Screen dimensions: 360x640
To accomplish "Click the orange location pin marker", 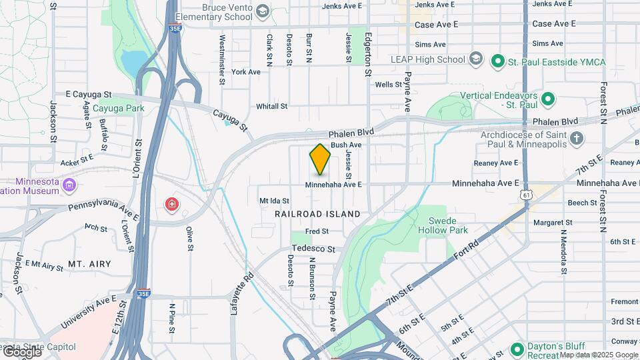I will (x=320, y=159).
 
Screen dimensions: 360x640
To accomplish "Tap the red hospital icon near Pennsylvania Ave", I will (x=172, y=203).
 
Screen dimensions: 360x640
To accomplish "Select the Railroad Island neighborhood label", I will (x=317, y=214).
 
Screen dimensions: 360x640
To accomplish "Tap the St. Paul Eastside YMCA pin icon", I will (x=497, y=62).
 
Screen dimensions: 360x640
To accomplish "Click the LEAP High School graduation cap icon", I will (x=475, y=59).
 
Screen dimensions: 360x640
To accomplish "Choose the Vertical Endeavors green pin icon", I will (x=548, y=99).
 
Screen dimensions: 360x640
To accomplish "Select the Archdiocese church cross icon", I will (x=577, y=139).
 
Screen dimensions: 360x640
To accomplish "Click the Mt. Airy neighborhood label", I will (x=89, y=264).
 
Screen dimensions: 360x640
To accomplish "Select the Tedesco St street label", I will (x=315, y=249).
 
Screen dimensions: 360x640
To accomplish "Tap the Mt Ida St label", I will (x=274, y=200).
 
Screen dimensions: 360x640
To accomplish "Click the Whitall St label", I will (x=271, y=106).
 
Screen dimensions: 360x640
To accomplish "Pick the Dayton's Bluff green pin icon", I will (x=517, y=349).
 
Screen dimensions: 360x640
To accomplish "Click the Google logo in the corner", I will (x=21, y=351).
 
